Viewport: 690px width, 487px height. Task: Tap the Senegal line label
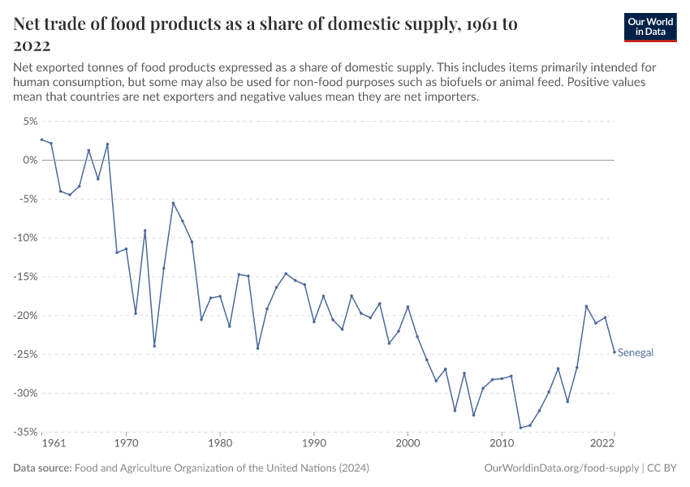636,353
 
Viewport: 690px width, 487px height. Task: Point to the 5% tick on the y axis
29,121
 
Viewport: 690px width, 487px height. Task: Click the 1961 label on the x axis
53,444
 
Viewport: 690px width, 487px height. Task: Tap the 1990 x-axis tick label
314,444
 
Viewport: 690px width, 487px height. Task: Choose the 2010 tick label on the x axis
502,444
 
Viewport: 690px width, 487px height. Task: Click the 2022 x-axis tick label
602,444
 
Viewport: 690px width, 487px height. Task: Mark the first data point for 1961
41,140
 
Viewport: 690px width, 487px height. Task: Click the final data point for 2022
615,352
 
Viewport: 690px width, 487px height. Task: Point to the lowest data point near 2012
520,428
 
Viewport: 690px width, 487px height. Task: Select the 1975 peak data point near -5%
173,203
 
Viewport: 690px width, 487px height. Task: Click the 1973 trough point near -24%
154,346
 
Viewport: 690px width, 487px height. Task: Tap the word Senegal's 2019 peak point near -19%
586,306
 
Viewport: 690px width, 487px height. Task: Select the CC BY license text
662,468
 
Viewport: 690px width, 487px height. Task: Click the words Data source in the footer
42,468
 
